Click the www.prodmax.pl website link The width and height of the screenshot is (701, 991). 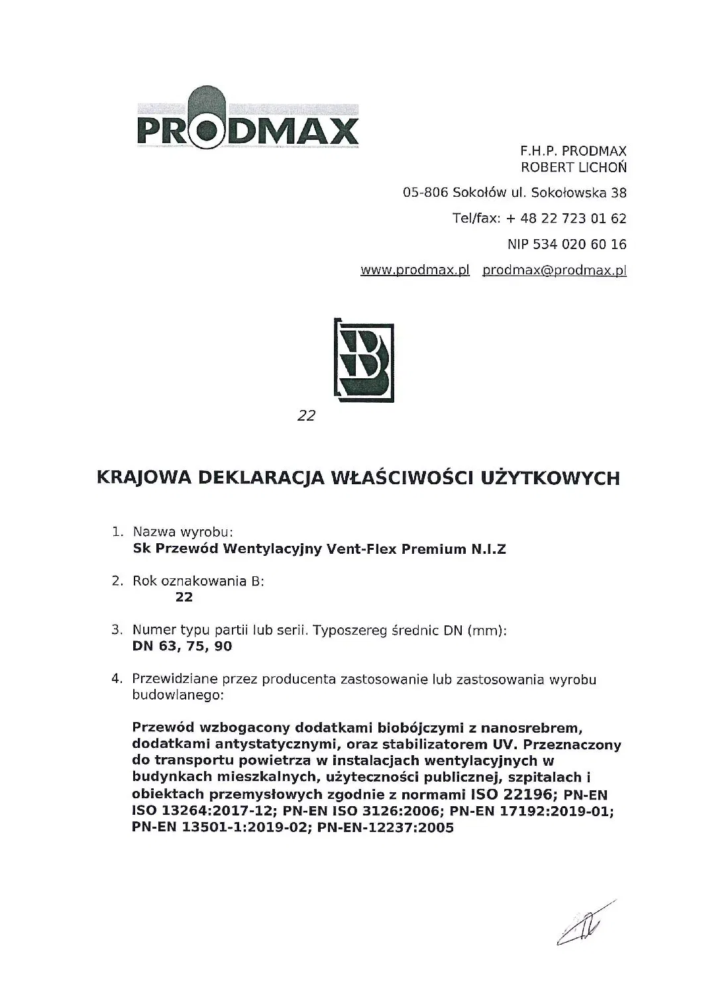tap(415, 270)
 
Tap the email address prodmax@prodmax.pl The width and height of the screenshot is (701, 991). tap(555, 270)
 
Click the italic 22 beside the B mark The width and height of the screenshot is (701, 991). tap(306, 417)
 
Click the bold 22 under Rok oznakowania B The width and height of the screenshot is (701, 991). tap(184, 597)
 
